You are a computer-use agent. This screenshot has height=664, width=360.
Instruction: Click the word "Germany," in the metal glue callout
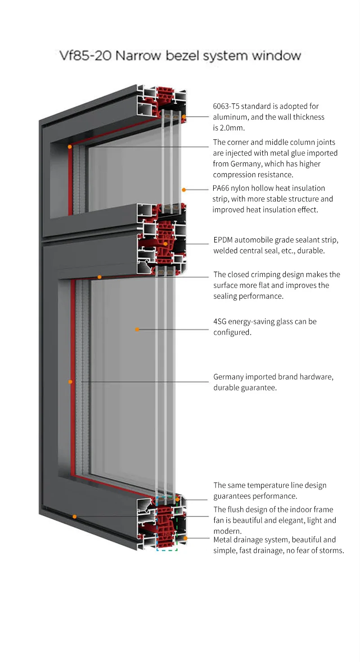[x=248, y=164]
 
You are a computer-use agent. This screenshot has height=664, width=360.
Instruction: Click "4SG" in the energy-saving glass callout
[x=220, y=322]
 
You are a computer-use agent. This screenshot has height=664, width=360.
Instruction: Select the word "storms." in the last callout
[x=330, y=550]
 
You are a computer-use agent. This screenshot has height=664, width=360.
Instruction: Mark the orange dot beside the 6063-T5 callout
[x=184, y=117]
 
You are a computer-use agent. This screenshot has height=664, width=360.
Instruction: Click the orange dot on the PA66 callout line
[x=184, y=190]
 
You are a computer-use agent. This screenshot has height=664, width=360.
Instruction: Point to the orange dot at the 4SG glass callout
[x=137, y=329]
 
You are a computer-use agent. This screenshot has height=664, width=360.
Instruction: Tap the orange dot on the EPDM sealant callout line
[x=166, y=244]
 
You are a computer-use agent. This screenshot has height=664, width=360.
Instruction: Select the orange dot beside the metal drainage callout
[x=185, y=538]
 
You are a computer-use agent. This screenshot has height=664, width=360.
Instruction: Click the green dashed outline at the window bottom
[x=167, y=549]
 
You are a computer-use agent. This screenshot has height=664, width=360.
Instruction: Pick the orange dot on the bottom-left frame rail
[x=75, y=516]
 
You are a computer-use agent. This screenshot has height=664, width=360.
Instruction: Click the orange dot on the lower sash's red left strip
[x=70, y=382]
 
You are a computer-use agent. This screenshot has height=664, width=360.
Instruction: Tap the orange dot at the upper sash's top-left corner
[x=70, y=147]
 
